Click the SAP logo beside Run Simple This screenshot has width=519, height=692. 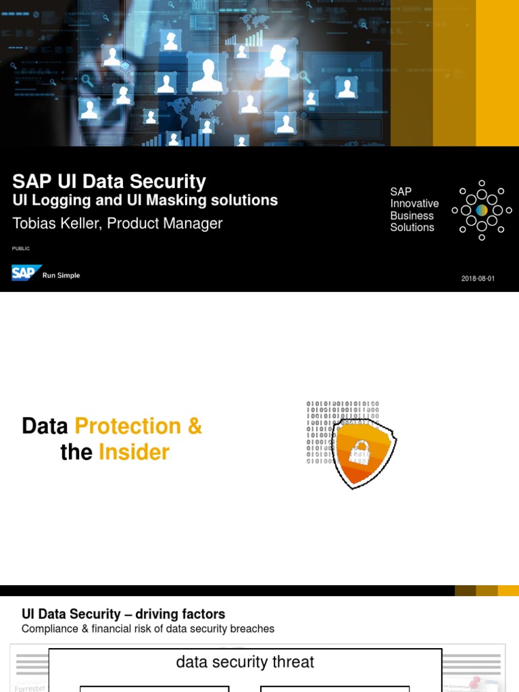click(x=26, y=273)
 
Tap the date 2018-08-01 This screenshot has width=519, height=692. click(x=478, y=278)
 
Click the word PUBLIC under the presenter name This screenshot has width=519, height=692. click(x=21, y=249)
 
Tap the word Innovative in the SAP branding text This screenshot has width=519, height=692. click(x=414, y=203)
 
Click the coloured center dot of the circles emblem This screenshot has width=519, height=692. click(x=482, y=210)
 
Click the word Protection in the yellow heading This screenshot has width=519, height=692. click(x=128, y=426)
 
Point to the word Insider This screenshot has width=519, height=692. click(x=134, y=452)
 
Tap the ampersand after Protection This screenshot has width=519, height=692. click(x=195, y=426)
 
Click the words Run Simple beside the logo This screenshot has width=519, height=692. click(x=61, y=276)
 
